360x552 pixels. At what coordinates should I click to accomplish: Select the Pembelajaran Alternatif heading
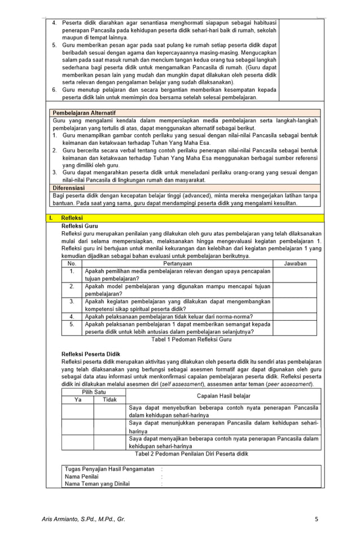(x=83, y=113)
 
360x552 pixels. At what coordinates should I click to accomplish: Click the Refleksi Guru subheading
(x=80, y=226)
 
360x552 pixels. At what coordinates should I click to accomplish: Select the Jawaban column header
(x=295, y=263)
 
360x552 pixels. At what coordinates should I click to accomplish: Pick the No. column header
(x=72, y=263)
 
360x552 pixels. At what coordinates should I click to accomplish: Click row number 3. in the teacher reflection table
(x=72, y=302)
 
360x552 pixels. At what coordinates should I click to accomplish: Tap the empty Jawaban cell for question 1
(x=295, y=275)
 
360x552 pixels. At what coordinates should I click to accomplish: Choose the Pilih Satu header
(x=94, y=392)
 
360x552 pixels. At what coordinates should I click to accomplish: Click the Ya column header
(x=78, y=400)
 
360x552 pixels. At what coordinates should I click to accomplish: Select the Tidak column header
(x=109, y=400)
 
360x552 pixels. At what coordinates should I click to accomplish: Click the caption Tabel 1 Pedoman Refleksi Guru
(x=191, y=340)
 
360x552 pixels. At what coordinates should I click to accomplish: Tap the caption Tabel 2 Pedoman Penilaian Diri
(x=191, y=453)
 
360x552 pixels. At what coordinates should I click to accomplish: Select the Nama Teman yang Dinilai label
(x=97, y=483)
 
